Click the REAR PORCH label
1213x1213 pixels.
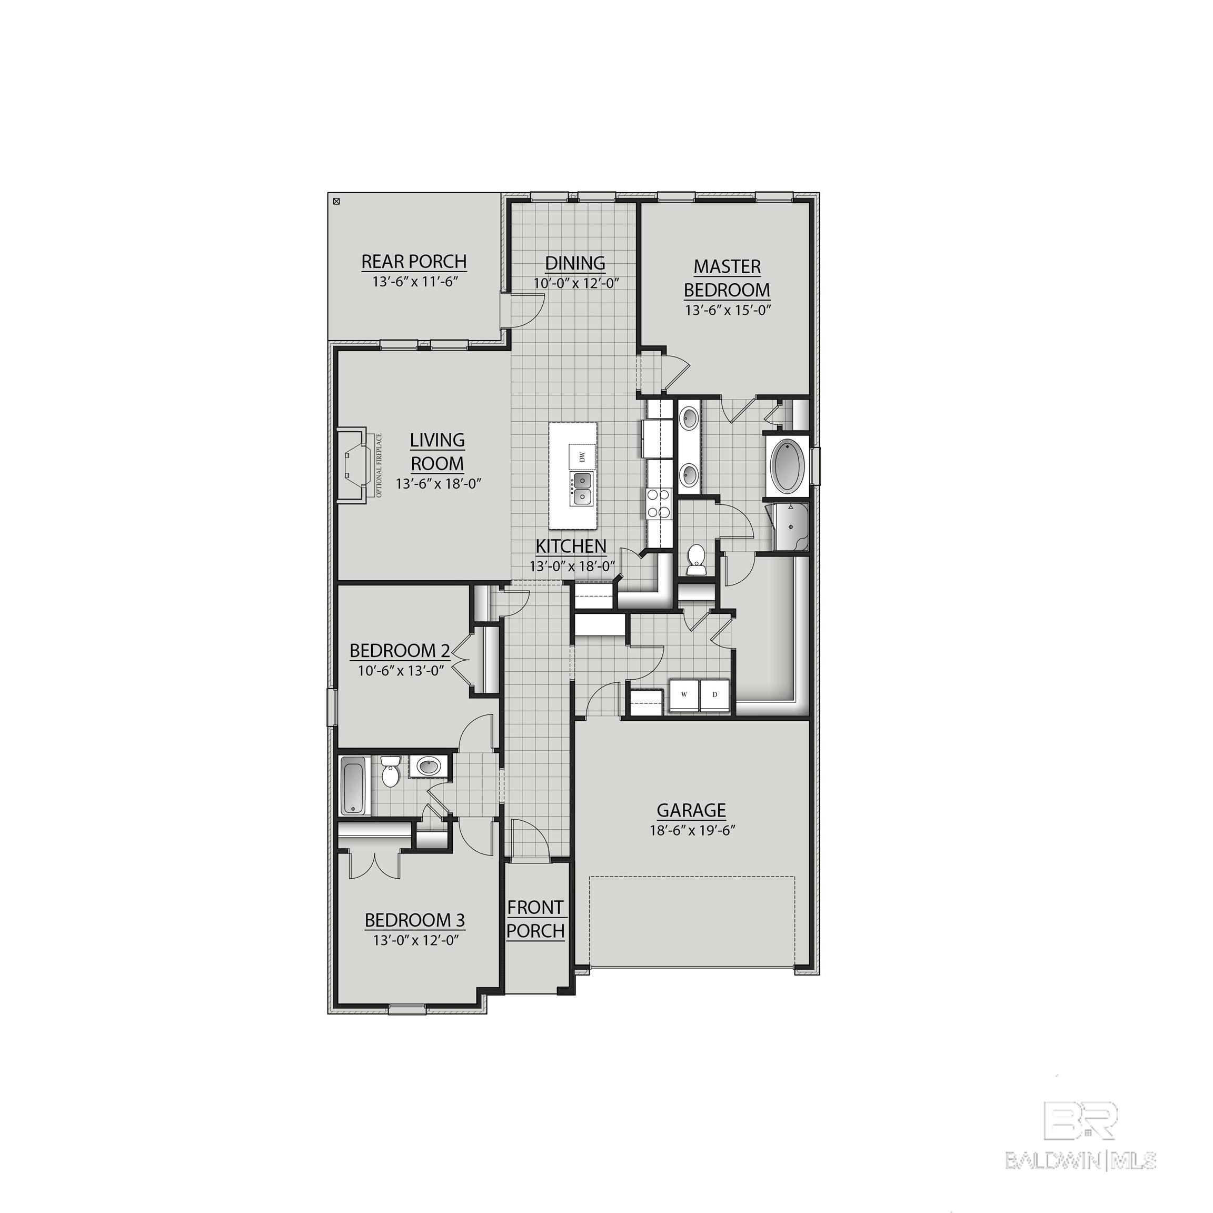pyautogui.click(x=414, y=261)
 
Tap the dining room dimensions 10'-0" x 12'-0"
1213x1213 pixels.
pyautogui.click(x=576, y=283)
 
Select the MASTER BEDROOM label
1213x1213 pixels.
pyautogui.click(x=727, y=278)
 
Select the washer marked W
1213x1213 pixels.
pyautogui.click(x=684, y=695)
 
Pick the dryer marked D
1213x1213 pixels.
pyautogui.click(x=714, y=695)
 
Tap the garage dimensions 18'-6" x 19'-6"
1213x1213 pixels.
pyautogui.click(x=692, y=830)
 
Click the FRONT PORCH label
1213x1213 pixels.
pyautogui.click(x=535, y=919)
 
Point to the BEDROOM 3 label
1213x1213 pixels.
pyautogui.click(x=414, y=920)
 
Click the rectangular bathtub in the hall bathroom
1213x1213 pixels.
pyautogui.click(x=354, y=785)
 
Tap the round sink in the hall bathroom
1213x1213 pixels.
pyautogui.click(x=430, y=767)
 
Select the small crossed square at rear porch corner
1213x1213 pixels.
pyautogui.click(x=336, y=202)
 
